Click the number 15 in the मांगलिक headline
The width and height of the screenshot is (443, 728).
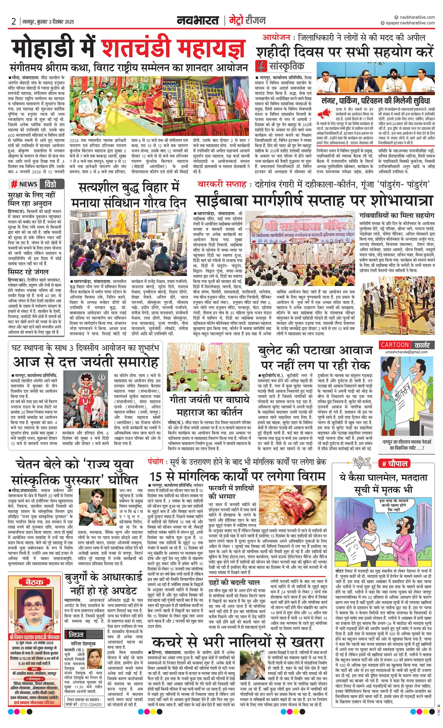click(156, 477)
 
